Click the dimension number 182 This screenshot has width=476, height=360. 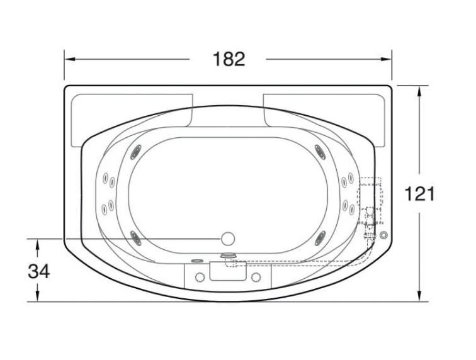point(229,59)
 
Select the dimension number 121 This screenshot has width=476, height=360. point(419,194)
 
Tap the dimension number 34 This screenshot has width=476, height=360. point(38,271)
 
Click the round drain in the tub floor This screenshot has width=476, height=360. point(228,239)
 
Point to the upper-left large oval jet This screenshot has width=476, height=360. point(136,152)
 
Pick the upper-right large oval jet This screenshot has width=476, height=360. point(320,152)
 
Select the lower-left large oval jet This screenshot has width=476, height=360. point(136,238)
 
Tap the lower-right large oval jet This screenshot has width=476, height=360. point(320,238)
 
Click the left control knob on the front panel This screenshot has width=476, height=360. point(200,277)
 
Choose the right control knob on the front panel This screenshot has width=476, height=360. point(256,277)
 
